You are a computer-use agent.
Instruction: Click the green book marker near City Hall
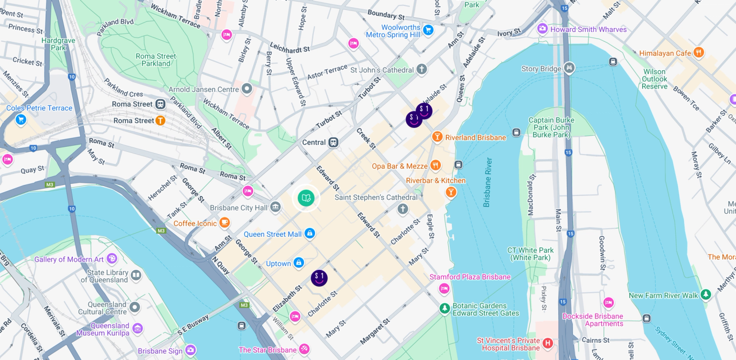(306, 199)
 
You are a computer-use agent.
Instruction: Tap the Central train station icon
(333, 143)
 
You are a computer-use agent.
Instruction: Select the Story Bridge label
(541, 69)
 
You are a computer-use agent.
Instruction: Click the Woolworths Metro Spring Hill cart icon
(428, 30)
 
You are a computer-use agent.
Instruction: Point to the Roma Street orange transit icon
(160, 121)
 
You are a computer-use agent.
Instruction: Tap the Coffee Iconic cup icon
(224, 223)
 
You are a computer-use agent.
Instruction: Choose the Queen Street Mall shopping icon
(310, 233)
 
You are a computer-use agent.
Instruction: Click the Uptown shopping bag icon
(299, 263)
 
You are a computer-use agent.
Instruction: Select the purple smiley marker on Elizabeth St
(319, 278)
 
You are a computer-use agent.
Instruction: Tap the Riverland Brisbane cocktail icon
(437, 137)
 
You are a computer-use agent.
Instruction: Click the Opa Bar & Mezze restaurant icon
(435, 166)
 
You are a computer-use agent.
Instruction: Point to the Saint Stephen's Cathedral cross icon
(403, 210)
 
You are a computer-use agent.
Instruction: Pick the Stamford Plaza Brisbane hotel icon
(444, 288)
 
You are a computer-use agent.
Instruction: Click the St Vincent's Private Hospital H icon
(548, 343)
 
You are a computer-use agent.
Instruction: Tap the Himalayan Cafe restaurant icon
(698, 53)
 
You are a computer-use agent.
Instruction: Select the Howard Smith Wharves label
(588, 29)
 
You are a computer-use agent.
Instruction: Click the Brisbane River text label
(488, 182)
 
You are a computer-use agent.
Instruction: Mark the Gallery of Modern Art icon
(112, 258)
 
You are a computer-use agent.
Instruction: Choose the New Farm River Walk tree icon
(706, 295)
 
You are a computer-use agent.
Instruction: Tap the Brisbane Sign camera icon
(190, 350)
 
